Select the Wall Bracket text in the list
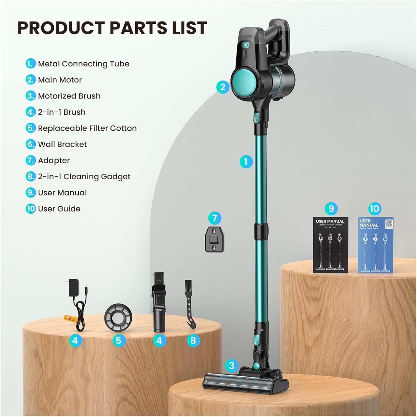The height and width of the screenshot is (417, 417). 62,144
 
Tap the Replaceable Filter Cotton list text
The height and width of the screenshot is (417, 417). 87,128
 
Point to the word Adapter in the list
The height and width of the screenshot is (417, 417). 54,161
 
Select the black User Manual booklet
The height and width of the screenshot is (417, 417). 331,245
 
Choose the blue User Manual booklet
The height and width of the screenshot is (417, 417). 375,245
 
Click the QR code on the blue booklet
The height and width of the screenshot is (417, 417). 389,223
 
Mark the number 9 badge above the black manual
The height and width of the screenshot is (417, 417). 331,208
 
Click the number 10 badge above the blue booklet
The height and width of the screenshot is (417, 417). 374,208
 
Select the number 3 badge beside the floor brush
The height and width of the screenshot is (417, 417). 232,366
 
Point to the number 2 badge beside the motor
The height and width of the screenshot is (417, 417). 223,87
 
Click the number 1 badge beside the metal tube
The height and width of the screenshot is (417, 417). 246,162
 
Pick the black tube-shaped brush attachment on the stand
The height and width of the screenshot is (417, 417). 159,303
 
